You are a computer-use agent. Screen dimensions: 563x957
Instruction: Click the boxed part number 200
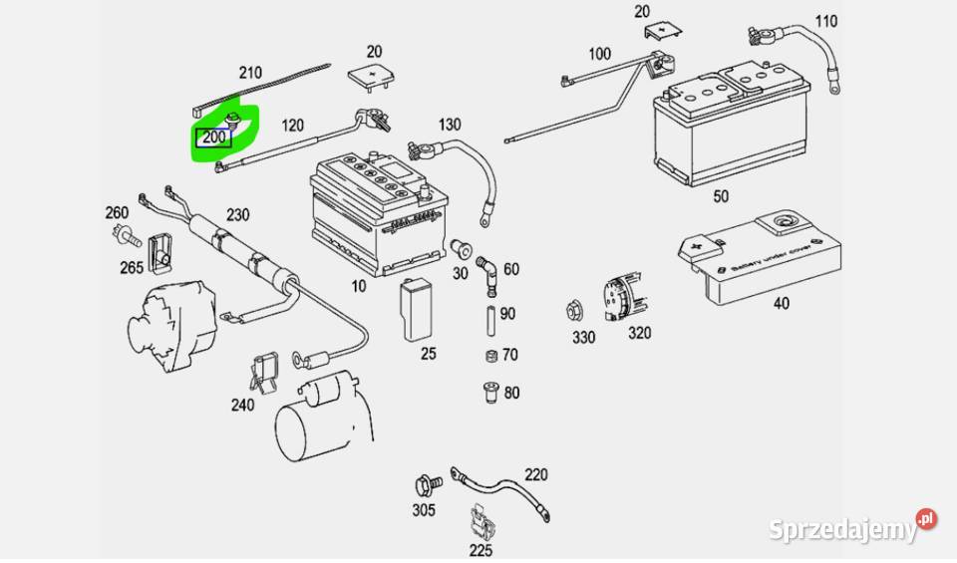click(214, 138)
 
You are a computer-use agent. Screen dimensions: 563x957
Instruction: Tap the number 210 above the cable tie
click(249, 72)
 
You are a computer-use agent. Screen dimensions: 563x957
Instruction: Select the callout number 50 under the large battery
click(721, 196)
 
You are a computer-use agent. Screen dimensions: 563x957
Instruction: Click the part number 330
click(583, 337)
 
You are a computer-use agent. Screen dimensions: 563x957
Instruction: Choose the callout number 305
click(424, 511)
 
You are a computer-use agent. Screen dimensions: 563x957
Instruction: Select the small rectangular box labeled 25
click(416, 310)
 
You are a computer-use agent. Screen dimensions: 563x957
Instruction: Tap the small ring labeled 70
click(489, 357)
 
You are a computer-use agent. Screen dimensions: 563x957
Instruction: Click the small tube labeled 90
click(488, 321)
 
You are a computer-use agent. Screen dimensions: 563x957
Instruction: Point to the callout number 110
click(826, 22)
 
